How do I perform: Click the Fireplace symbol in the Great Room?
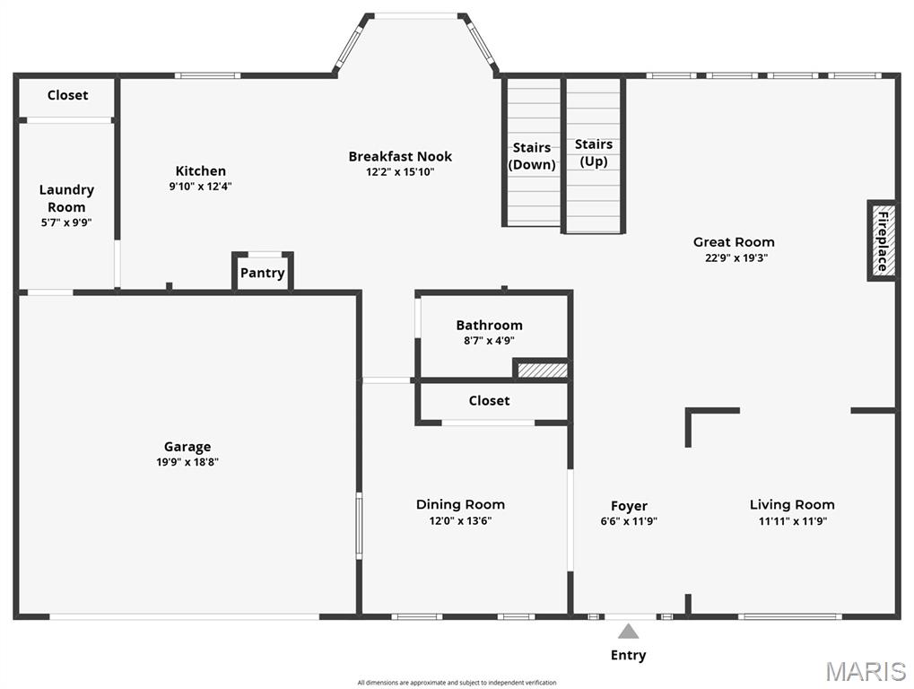882,240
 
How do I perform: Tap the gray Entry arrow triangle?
629,632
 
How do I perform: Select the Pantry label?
263,273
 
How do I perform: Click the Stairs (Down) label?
532,156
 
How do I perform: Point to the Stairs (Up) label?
594,153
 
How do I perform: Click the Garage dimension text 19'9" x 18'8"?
187,463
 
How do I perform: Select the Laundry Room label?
66,198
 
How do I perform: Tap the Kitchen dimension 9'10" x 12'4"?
201,187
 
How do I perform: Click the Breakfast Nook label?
400,156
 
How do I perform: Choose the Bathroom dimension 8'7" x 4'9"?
489,341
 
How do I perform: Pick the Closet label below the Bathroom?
489,401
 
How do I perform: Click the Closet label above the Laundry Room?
68,95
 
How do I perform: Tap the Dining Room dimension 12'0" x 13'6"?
460,520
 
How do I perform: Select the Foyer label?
629,506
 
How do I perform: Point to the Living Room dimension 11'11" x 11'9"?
792,520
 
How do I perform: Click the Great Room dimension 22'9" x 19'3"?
734,257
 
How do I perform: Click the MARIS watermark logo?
866,671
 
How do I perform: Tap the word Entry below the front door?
628,655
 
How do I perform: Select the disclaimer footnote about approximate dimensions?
457,683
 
